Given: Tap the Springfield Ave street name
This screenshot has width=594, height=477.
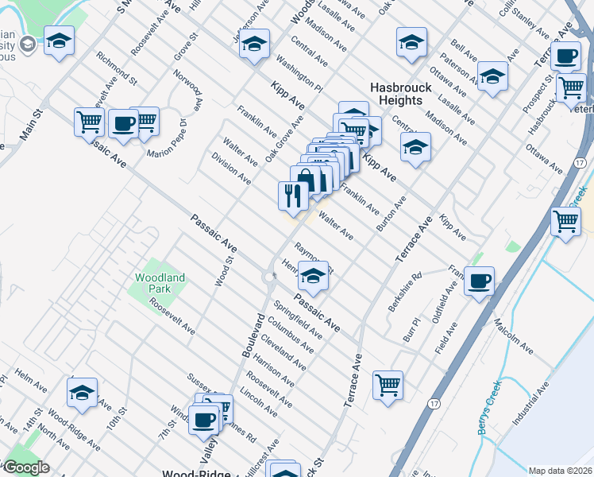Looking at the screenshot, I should click(297, 319).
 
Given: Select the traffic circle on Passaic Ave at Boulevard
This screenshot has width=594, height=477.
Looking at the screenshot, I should click(267, 277).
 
